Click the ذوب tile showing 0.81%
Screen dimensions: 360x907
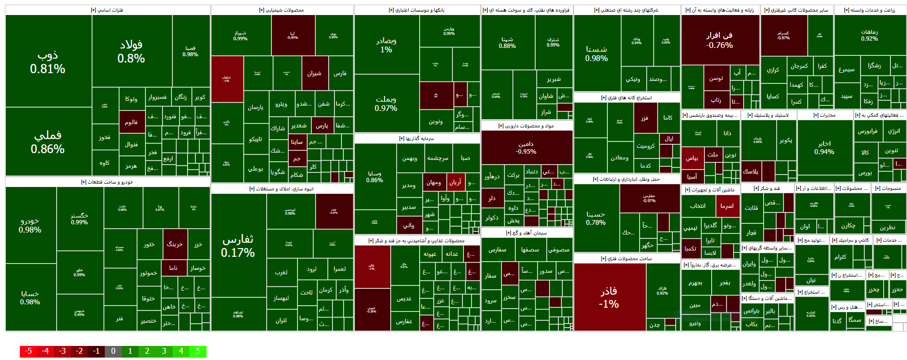48,62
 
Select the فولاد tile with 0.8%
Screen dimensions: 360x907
131,51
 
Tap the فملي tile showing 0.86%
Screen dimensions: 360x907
48,141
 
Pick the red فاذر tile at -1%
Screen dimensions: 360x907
609,297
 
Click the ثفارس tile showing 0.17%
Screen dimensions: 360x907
238,246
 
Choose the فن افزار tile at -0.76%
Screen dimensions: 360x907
719,40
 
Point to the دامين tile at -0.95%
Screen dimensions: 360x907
526,147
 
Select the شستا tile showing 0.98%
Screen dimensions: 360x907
596,53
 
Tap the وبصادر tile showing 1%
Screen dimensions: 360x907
386,45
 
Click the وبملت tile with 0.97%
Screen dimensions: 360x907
386,103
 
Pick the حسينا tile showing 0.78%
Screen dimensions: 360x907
596,218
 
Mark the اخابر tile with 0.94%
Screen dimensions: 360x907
824,147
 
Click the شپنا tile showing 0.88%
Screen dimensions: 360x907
507,43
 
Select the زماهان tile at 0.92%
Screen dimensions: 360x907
869,35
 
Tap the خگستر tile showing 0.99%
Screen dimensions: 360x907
80,219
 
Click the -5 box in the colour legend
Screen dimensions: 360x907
28,351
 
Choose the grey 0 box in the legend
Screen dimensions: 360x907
113,351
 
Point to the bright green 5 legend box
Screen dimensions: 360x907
198,351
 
